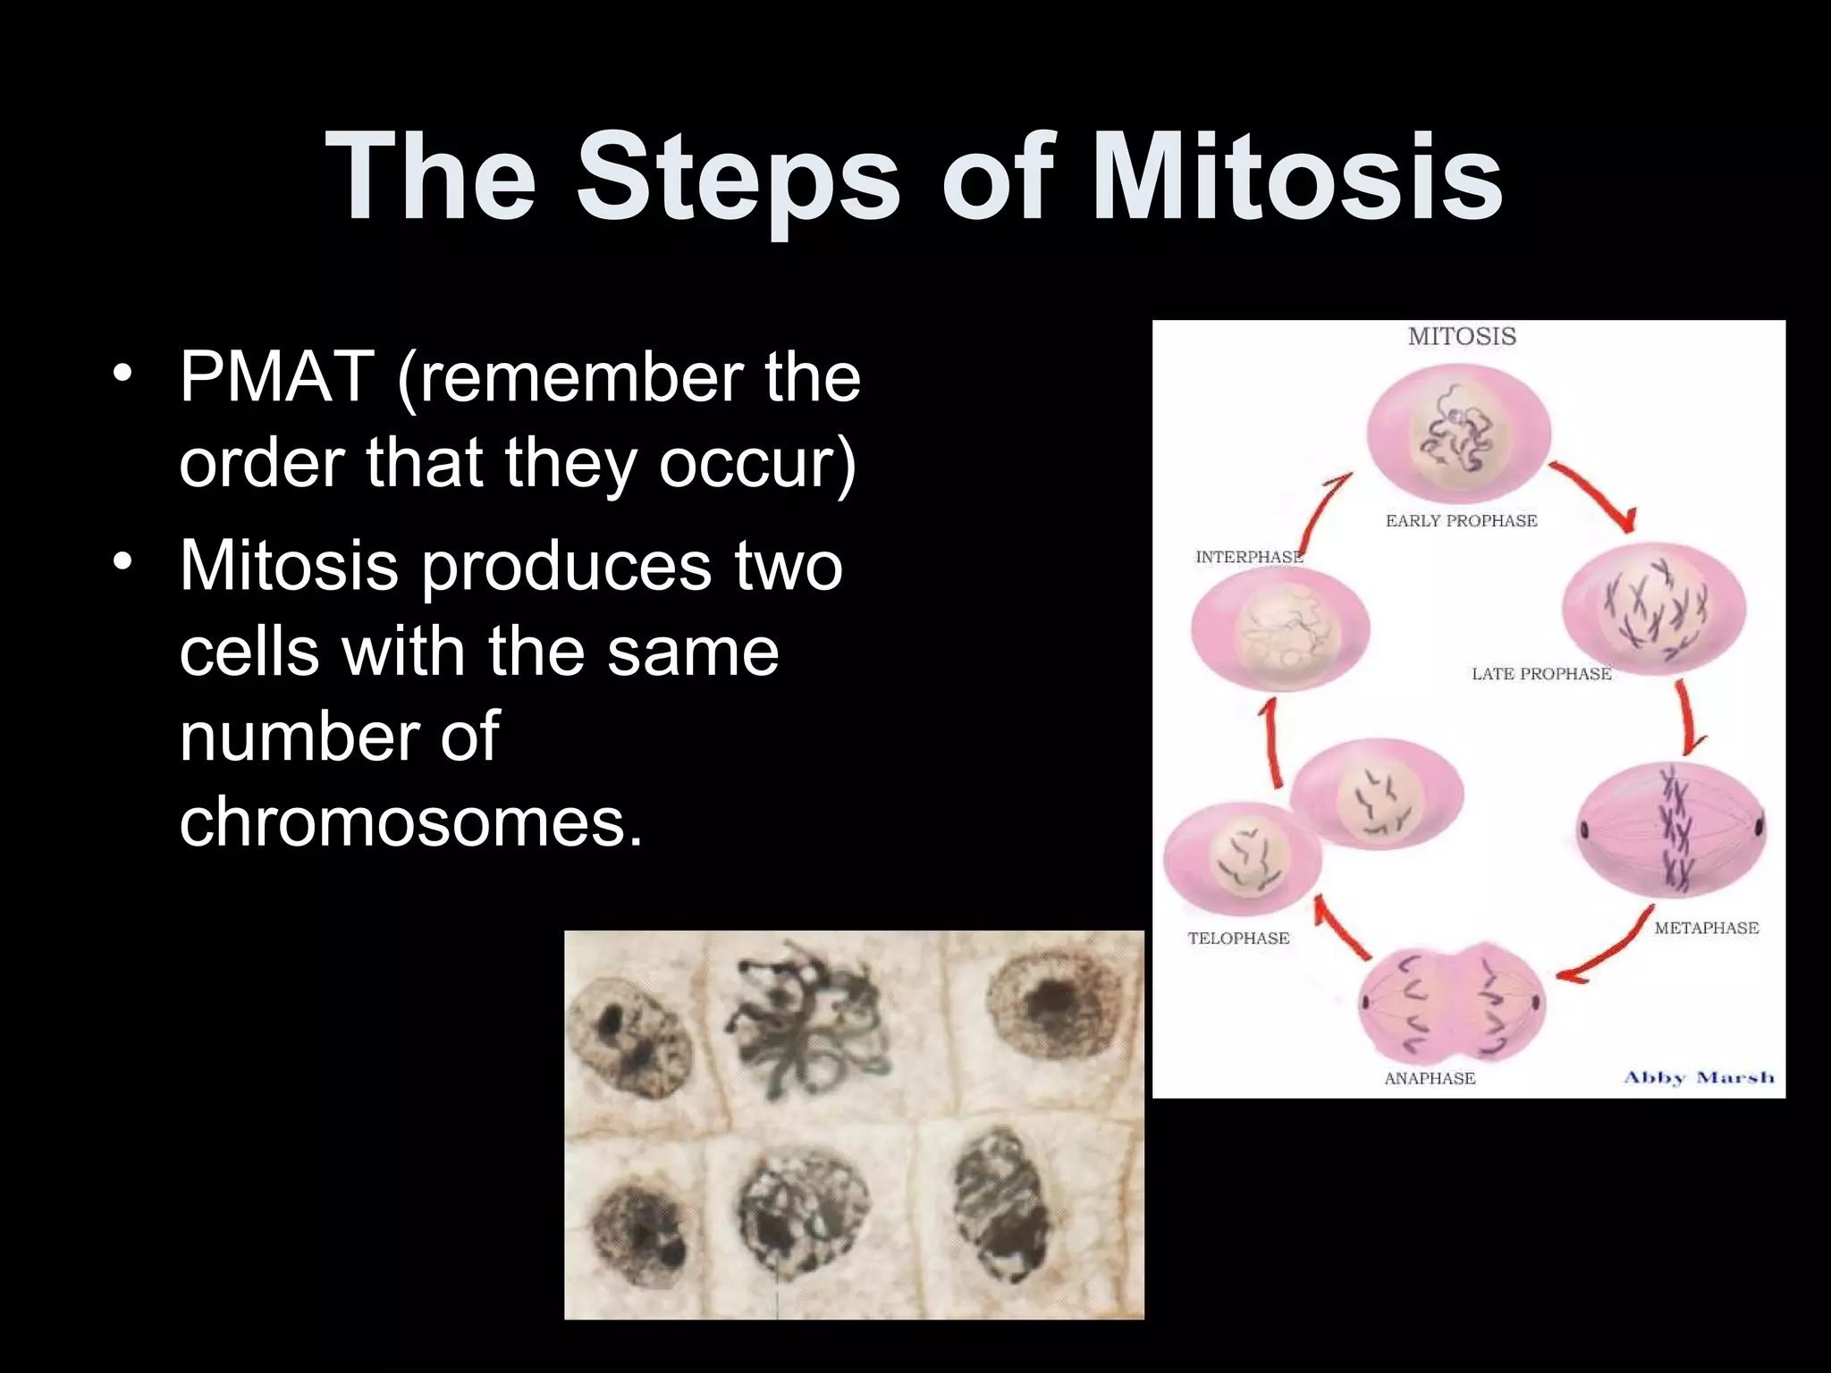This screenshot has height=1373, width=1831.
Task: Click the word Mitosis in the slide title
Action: (x=1296, y=175)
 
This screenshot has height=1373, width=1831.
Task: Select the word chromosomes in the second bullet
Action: (x=410, y=821)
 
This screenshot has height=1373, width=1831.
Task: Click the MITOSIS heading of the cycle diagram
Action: (x=1462, y=337)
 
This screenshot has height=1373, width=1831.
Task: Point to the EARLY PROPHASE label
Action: (x=1461, y=521)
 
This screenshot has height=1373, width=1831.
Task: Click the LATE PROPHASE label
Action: (x=1541, y=674)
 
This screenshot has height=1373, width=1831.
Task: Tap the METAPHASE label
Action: (x=1706, y=928)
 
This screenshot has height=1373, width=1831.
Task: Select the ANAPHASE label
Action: (x=1430, y=1078)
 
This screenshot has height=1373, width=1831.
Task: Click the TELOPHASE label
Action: (x=1238, y=938)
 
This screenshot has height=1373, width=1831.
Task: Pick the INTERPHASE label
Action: (x=1249, y=557)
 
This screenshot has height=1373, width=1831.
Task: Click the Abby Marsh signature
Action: (x=1699, y=1077)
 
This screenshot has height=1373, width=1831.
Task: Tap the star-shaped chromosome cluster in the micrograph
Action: (x=805, y=1019)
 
